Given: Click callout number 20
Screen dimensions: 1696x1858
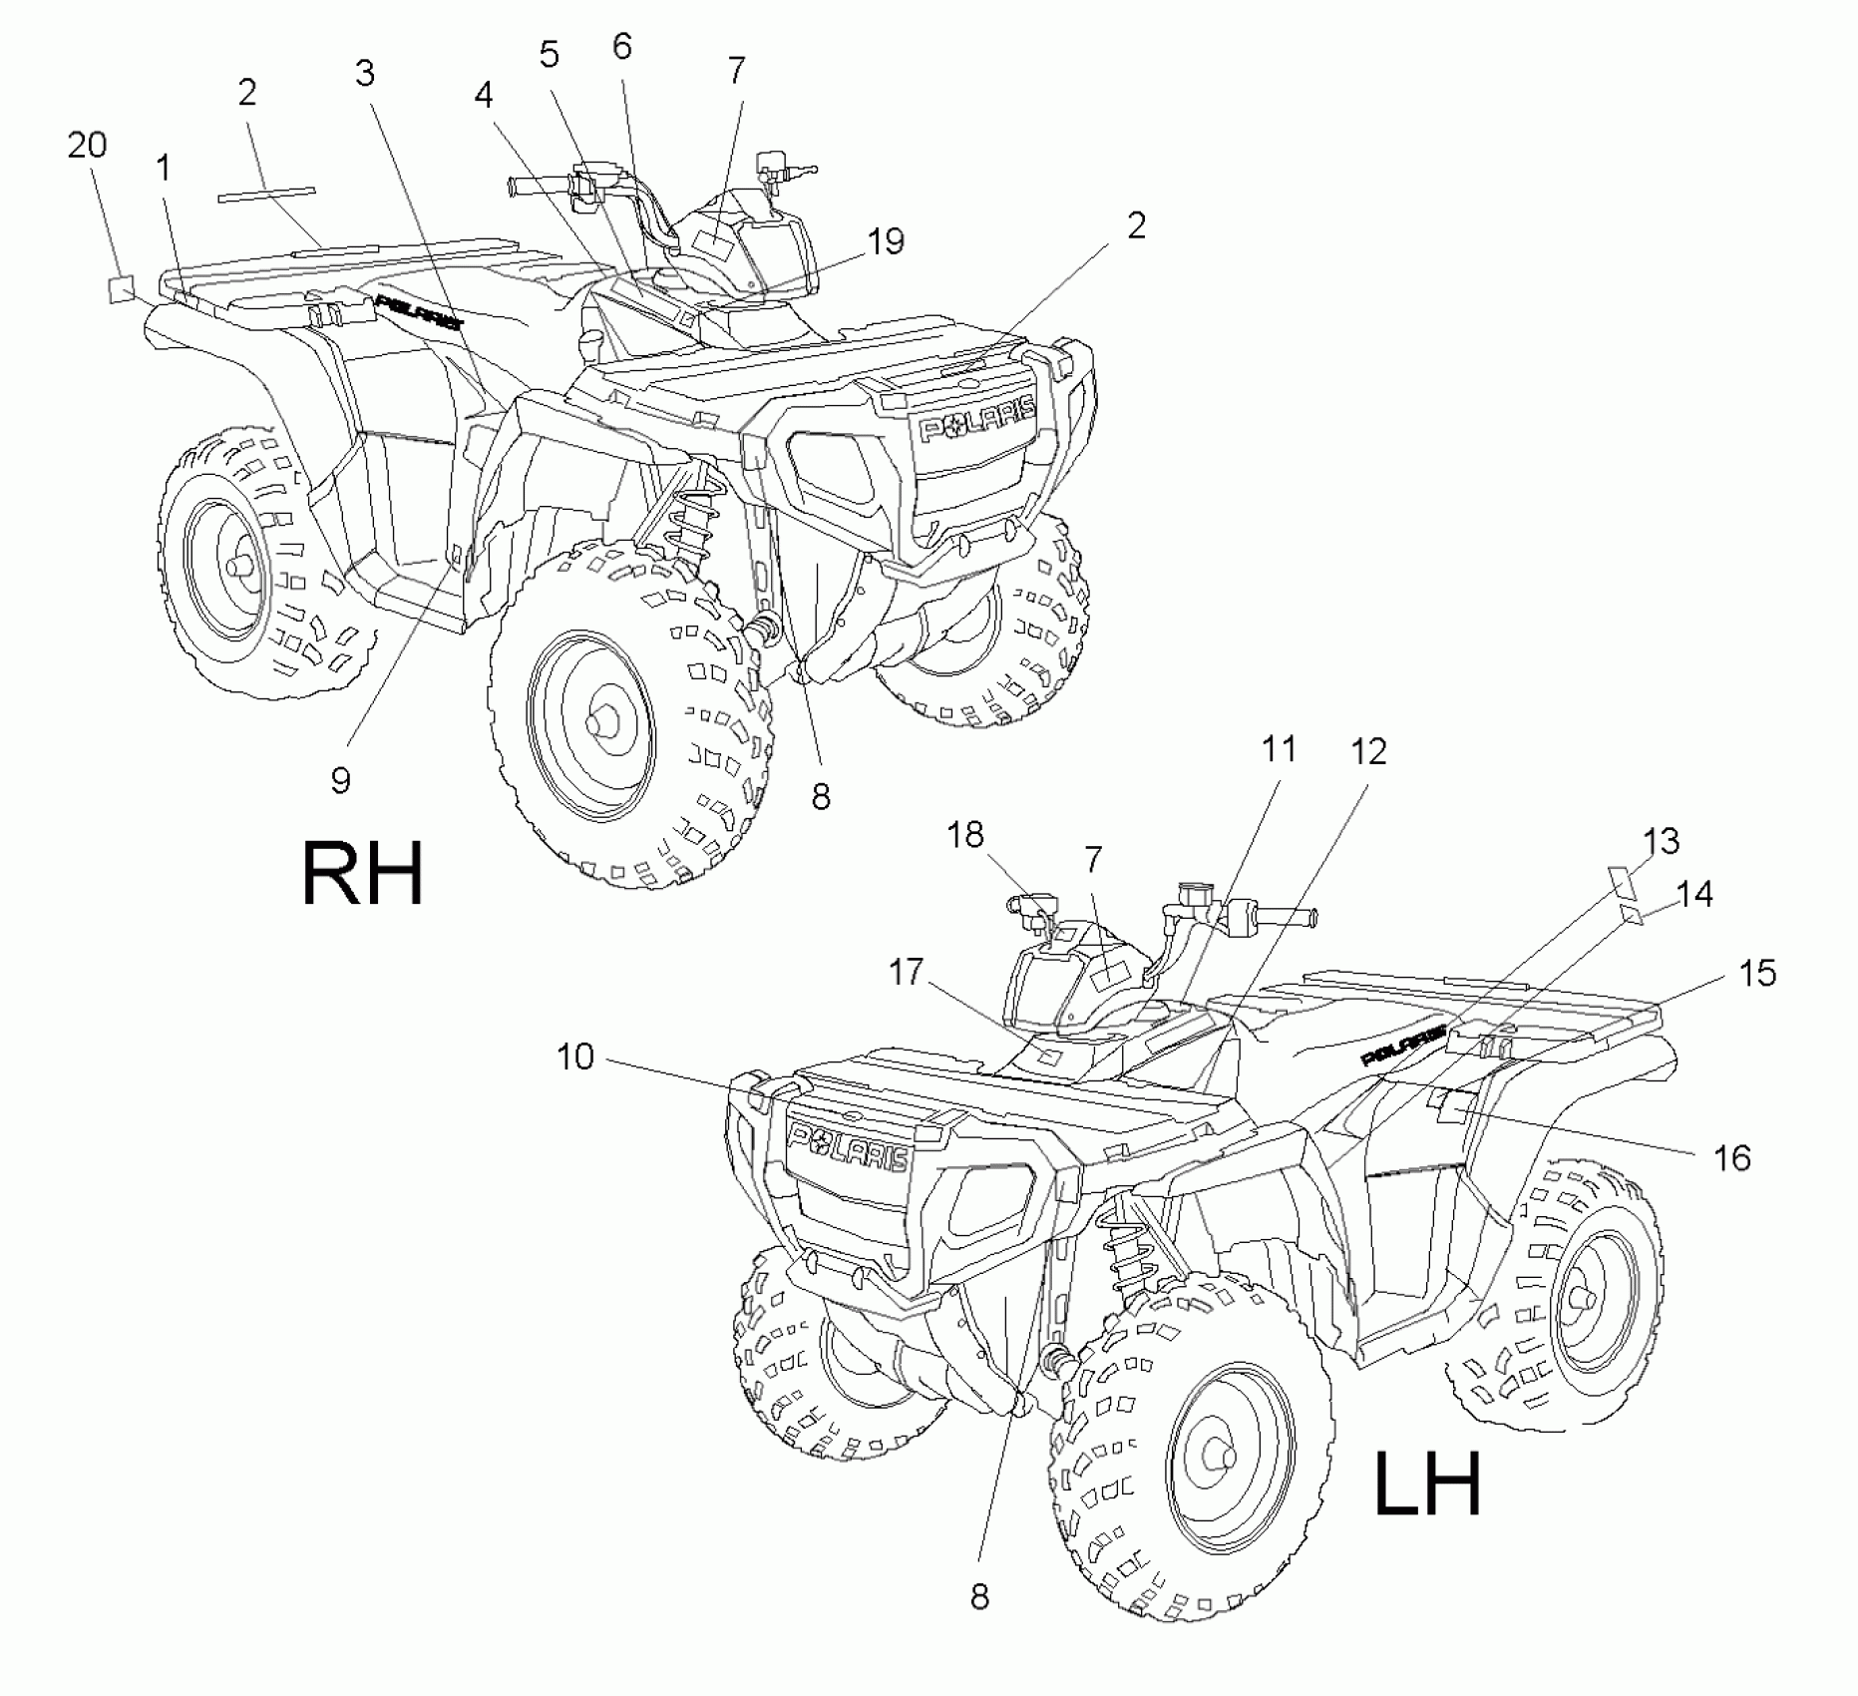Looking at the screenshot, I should point(88,146).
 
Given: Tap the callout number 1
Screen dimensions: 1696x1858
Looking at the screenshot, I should point(163,169).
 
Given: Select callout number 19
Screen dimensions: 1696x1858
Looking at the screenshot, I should point(885,240).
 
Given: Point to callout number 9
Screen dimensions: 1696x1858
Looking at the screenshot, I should point(341,780).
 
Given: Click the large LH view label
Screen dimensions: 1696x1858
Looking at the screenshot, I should point(1427,1484).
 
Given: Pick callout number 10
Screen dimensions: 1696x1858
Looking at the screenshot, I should point(575,1057).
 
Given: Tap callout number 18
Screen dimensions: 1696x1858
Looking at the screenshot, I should point(965,834).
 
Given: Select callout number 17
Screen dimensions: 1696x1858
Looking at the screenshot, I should point(906,971).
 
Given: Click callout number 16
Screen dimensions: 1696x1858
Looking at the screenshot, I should point(1732,1157).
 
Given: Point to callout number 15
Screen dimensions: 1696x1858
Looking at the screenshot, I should point(1757,973).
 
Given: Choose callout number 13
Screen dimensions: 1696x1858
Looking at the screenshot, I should point(1661,841).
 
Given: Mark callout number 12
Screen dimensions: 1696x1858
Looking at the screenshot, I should point(1368,751).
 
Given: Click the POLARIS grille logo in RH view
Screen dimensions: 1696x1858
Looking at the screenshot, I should point(977,417).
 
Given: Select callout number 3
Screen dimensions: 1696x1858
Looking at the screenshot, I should point(365,73).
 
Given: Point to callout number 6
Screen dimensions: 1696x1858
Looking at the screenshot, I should point(622,46).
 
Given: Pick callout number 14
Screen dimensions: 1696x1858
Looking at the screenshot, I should point(1694,894).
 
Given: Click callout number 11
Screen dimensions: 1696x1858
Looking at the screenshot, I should point(1280,748).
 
